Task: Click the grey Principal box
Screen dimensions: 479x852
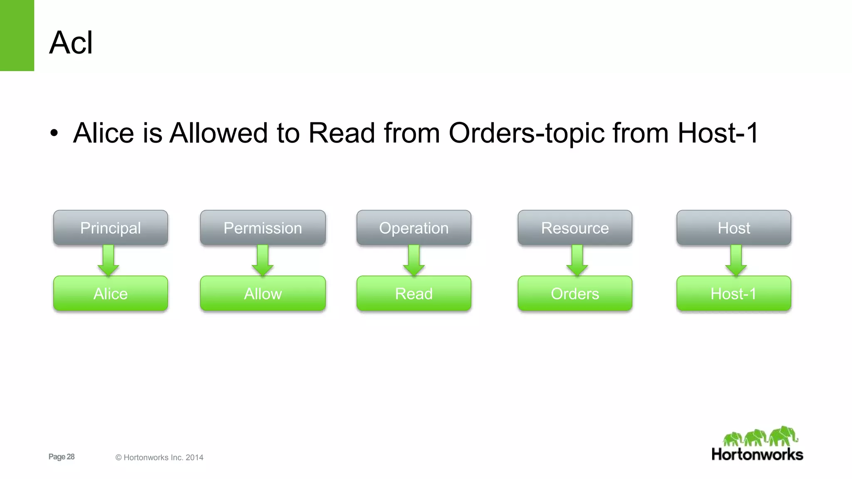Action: point(111,228)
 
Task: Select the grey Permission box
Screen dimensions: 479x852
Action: point(263,228)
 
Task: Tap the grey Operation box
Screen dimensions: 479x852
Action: point(414,228)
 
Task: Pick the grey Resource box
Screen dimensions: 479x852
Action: point(575,228)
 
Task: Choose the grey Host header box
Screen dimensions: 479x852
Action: point(734,228)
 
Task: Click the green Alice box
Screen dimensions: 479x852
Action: point(111,294)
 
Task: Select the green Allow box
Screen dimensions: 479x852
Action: point(263,294)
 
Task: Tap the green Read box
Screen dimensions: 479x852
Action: point(414,294)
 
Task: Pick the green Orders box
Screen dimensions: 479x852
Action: point(575,294)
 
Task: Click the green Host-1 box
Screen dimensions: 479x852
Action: point(734,294)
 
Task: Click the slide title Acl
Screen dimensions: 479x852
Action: point(71,42)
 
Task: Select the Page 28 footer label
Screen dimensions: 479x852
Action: point(62,457)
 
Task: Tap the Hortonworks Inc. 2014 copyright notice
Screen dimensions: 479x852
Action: point(159,457)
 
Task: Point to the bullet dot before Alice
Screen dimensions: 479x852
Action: point(54,134)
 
